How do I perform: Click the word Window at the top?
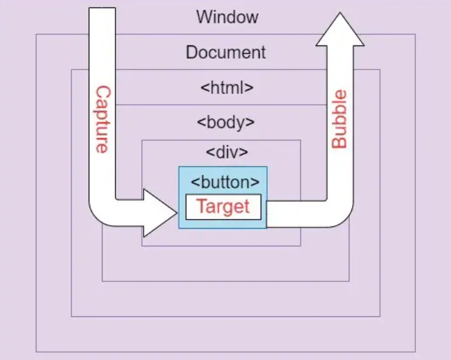tap(227, 17)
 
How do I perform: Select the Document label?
tap(226, 52)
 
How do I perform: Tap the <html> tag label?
tap(227, 88)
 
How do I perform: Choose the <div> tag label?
tap(226, 153)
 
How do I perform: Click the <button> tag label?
tap(225, 182)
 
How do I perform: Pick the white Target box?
tap(223, 207)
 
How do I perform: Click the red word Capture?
tap(101, 120)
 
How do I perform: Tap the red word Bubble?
tap(340, 119)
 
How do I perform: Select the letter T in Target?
tap(201, 206)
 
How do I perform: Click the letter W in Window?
tap(203, 17)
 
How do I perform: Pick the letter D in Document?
tap(191, 52)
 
